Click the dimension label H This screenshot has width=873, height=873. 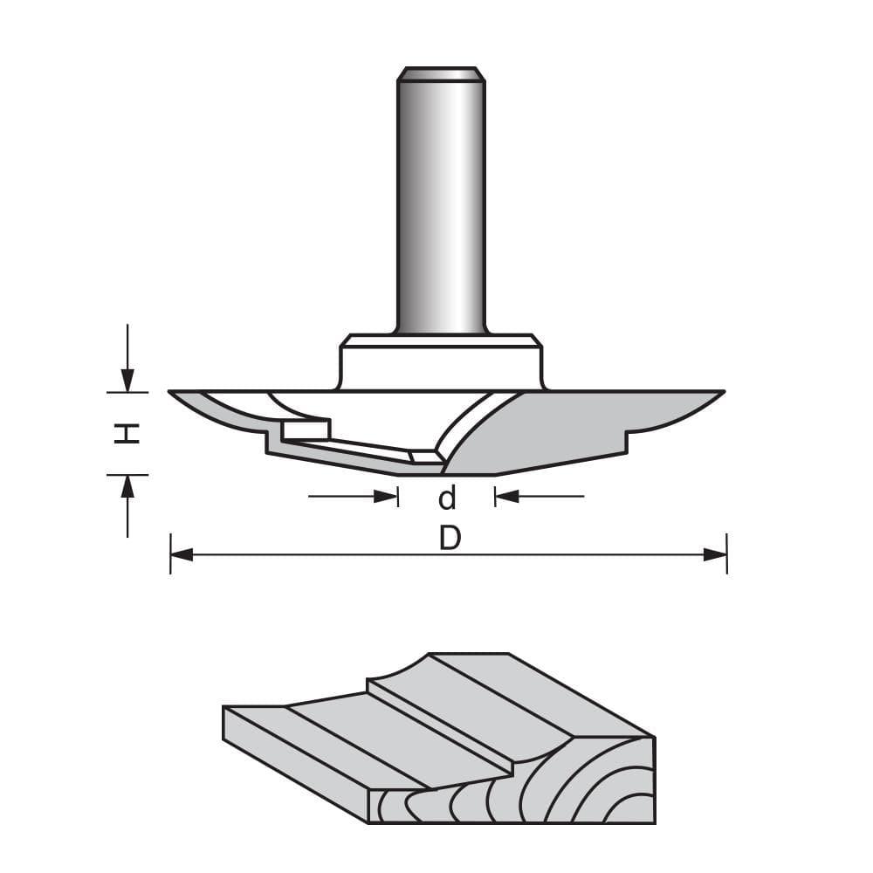127,433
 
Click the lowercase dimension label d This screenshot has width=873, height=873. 447,498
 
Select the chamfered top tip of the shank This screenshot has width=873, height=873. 441,74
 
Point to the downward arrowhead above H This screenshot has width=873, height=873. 127,381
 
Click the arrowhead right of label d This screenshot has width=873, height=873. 507,497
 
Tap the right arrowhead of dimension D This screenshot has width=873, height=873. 715,554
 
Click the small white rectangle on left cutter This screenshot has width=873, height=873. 305,430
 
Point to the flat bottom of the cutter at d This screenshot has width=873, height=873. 447,472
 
